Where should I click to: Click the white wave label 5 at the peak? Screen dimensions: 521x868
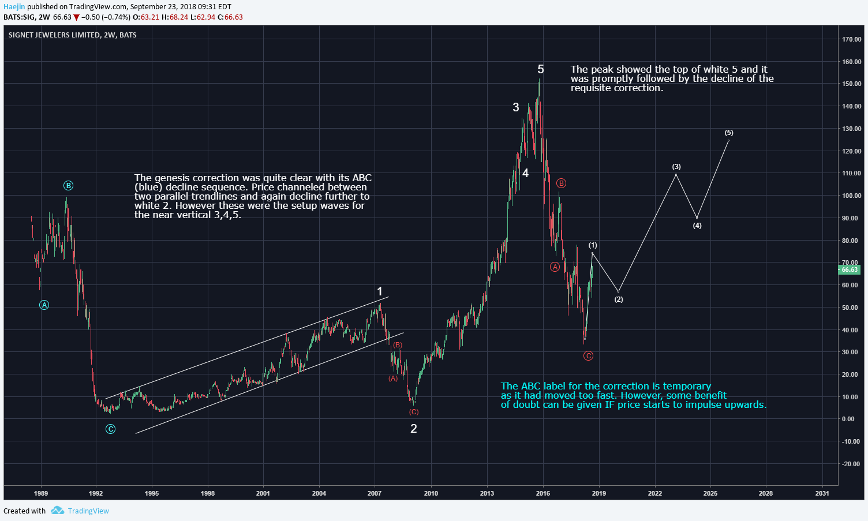tap(540, 70)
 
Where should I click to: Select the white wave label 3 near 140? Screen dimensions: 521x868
tap(516, 107)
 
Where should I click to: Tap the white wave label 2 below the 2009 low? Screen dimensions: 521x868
tap(413, 429)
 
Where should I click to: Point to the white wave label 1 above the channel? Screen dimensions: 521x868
tap(380, 292)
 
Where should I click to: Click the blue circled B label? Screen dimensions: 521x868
tap(69, 186)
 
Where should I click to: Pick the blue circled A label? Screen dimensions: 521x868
tap(44, 305)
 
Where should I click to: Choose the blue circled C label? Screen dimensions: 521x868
tap(110, 429)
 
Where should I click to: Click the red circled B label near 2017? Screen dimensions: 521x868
tap(561, 183)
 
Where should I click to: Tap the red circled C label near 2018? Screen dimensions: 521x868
tap(588, 356)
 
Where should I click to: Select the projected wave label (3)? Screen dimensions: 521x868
tap(676, 167)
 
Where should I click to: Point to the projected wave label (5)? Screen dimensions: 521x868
tap(729, 133)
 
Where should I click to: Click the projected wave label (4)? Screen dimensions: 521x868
tap(697, 226)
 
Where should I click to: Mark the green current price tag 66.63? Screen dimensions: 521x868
tap(850, 269)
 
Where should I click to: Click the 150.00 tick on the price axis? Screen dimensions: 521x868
tap(851, 84)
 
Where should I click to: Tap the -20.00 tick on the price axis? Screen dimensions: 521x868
tap(851, 464)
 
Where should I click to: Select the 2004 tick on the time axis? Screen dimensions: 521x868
tap(319, 493)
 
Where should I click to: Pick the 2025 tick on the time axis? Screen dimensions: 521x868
tap(710, 493)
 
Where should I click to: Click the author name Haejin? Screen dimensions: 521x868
tap(14, 7)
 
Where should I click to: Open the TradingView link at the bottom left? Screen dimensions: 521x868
tap(88, 511)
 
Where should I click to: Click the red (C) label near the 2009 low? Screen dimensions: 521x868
tap(414, 412)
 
